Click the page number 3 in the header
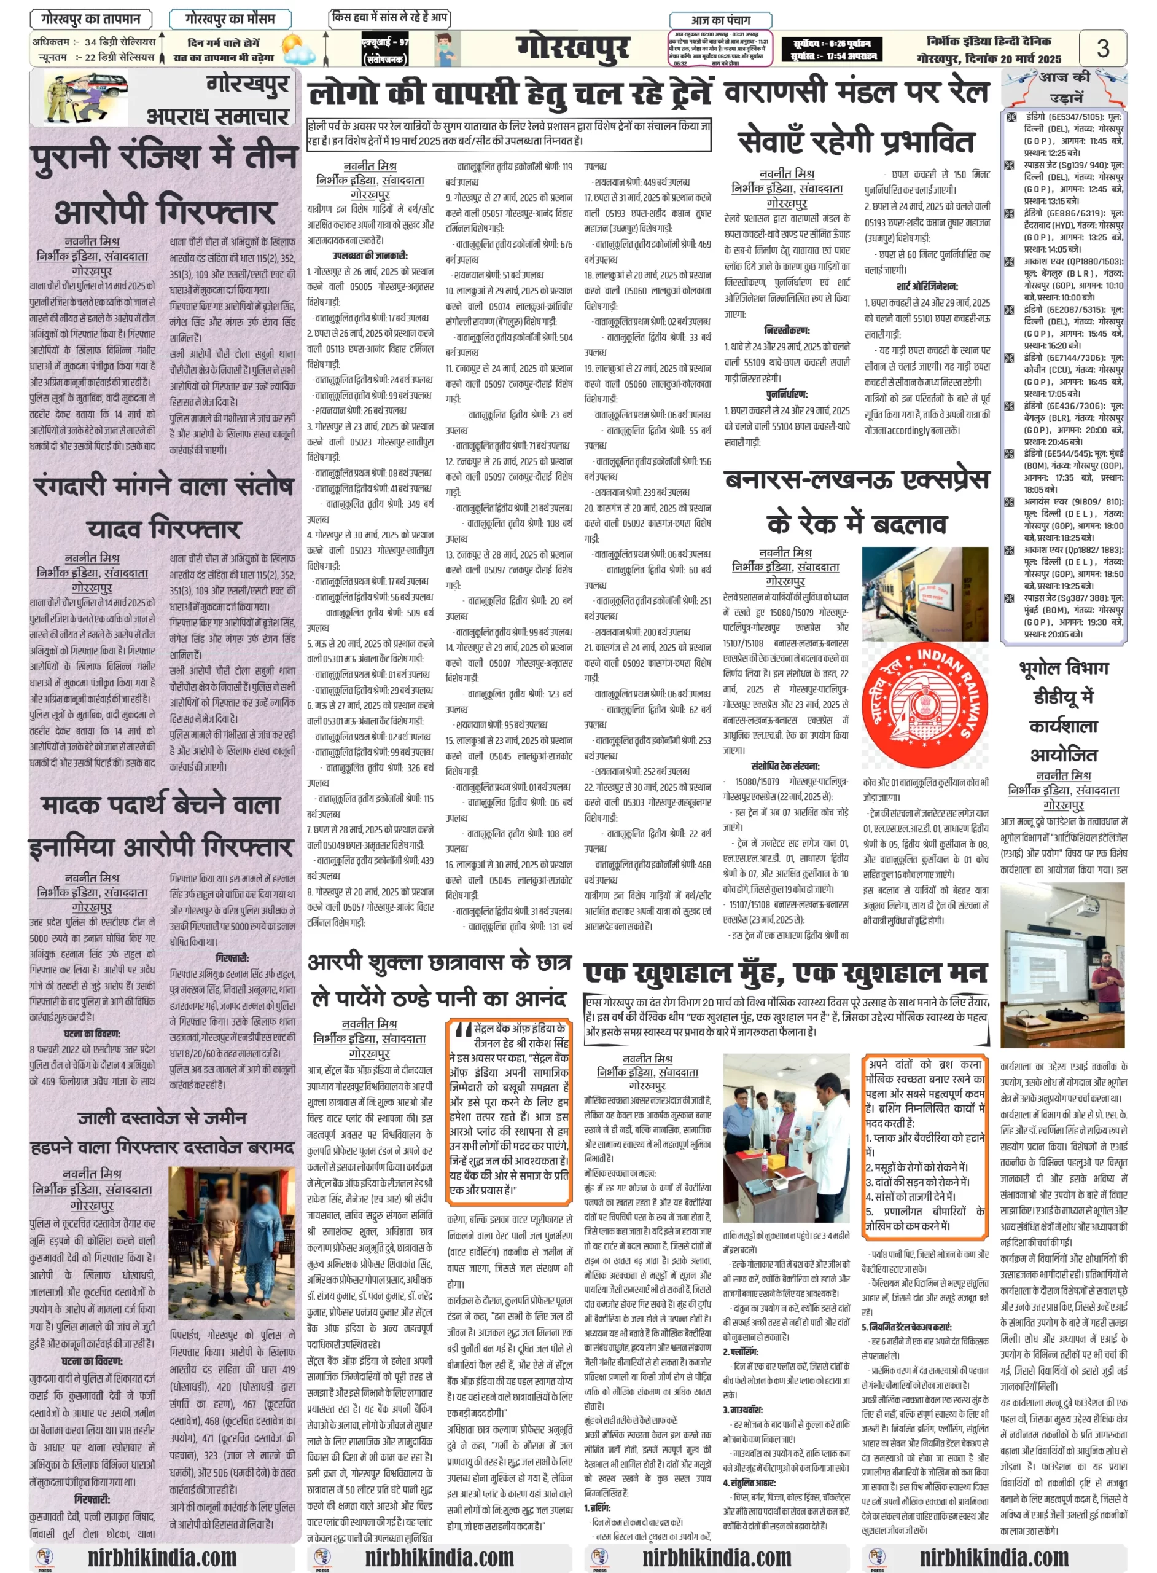click(x=1102, y=49)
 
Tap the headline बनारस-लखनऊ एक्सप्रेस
click(x=857, y=481)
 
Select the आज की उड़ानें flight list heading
click(x=1064, y=85)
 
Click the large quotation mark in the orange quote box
click(x=463, y=1030)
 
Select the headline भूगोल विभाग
click(x=1064, y=669)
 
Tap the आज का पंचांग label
click(x=721, y=20)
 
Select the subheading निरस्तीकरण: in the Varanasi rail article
click(x=787, y=330)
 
